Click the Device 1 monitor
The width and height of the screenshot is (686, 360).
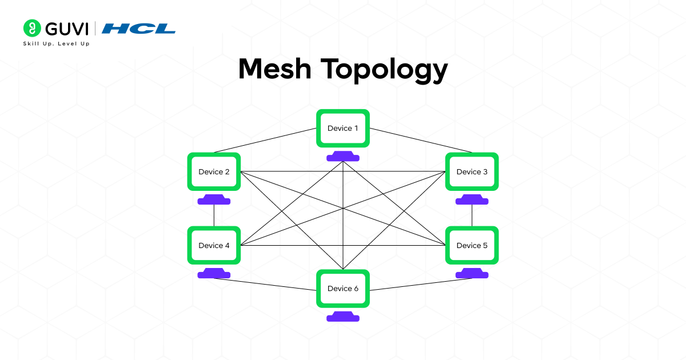[343, 129]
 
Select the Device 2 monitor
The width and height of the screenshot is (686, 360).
[214, 172]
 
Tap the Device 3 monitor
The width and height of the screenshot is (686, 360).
[472, 172]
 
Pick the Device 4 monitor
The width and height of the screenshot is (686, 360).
[214, 246]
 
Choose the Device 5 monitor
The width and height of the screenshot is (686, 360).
[472, 246]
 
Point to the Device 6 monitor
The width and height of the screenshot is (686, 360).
[343, 289]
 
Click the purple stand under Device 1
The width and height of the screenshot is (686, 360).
[343, 157]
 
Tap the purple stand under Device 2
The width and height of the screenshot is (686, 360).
[214, 200]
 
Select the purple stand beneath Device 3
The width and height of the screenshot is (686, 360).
[472, 200]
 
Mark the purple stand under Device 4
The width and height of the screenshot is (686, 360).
[214, 274]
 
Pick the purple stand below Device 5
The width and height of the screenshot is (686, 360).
[472, 274]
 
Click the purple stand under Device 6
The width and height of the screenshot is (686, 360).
[343, 317]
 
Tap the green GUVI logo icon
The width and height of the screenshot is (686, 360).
[31, 28]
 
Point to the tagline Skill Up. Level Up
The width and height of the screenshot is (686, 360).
[56, 43]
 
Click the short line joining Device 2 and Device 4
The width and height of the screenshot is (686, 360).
[214, 215]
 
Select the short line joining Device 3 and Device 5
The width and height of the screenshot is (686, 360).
[472, 215]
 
